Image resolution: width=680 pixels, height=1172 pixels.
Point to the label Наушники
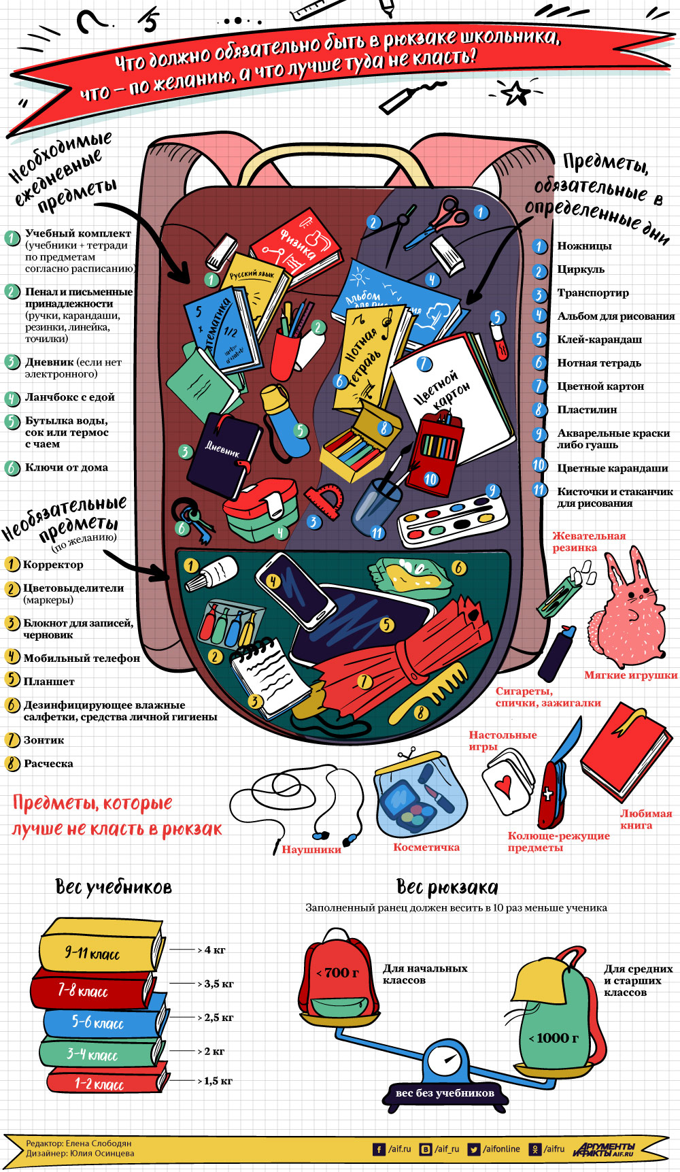311,849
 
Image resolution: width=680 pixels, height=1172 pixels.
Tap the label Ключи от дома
66,467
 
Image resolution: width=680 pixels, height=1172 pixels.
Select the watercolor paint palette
452,520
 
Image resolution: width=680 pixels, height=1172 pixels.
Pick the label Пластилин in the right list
587,409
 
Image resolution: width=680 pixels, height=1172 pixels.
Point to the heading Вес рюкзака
447,887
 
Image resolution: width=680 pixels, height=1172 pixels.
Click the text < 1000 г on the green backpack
554,1038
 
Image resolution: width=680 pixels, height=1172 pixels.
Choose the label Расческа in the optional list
48,763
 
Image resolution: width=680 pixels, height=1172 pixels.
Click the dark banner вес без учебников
445,1092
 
